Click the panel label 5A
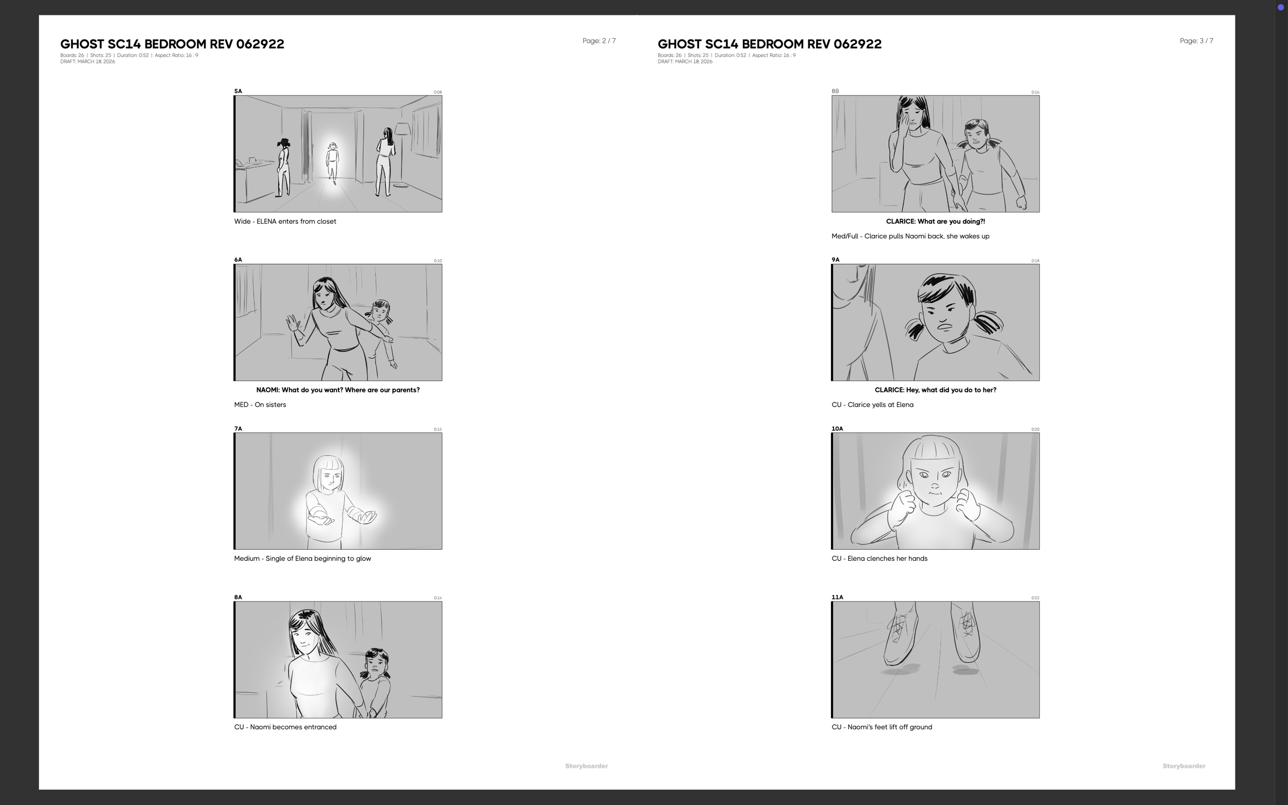tap(238, 91)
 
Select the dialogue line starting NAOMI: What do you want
tap(337, 390)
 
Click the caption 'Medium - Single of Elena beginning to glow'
tap(302, 558)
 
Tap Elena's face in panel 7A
tap(330, 478)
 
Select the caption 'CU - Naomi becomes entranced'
tap(285, 727)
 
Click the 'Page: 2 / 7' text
tap(599, 41)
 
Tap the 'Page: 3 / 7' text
tap(1196, 41)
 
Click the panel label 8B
tap(836, 91)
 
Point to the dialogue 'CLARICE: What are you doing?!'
tap(935, 221)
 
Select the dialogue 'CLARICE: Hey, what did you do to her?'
tap(935, 390)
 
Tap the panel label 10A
tap(837, 429)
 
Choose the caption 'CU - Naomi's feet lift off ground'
tap(882, 727)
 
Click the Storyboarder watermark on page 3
tap(1183, 766)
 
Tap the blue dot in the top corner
tap(1281, 7)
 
